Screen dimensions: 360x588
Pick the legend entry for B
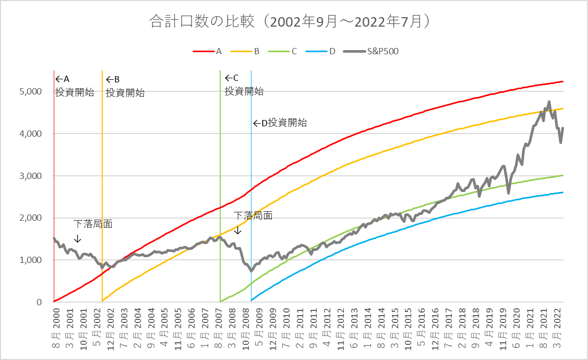[257, 51]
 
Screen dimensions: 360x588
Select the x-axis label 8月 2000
[55, 329]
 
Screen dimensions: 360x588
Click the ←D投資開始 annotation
[280, 123]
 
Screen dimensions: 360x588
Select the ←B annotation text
[113, 79]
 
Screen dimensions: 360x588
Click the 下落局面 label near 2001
[93, 224]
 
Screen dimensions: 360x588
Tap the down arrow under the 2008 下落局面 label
[238, 230]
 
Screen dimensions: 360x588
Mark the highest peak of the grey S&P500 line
[549, 102]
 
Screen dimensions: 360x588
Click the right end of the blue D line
[562, 192]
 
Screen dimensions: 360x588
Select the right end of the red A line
[562, 81]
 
